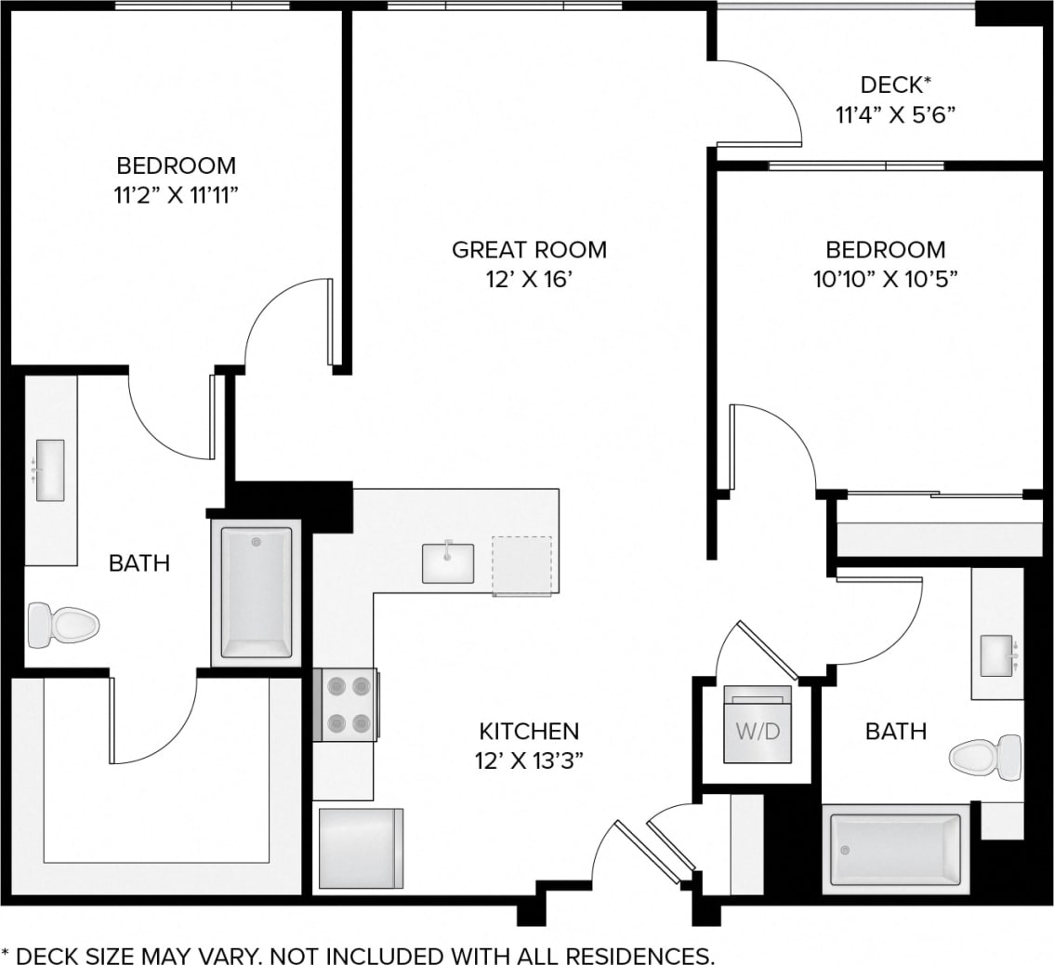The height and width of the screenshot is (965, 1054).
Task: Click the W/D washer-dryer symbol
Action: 758,731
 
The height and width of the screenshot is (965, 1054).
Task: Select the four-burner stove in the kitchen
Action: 349,705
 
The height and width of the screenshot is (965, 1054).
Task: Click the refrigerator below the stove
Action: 361,848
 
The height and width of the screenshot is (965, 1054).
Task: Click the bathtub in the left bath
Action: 256,592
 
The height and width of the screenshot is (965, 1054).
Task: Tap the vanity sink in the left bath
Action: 49,470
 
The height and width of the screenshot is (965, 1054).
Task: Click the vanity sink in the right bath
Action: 996,654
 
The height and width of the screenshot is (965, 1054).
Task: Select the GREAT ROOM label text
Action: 529,249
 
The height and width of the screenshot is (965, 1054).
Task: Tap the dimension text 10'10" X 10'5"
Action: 886,278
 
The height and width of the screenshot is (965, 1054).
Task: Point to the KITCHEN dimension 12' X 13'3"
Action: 529,760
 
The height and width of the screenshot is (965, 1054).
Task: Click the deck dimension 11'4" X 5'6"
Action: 895,115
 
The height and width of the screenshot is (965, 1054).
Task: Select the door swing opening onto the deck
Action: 758,102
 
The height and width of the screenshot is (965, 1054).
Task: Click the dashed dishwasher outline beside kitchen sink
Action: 521,564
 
